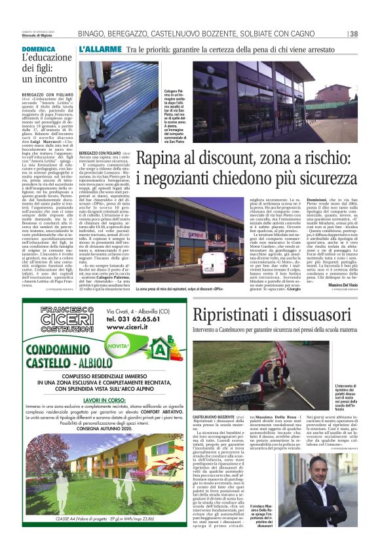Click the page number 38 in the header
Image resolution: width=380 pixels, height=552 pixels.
354,33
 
